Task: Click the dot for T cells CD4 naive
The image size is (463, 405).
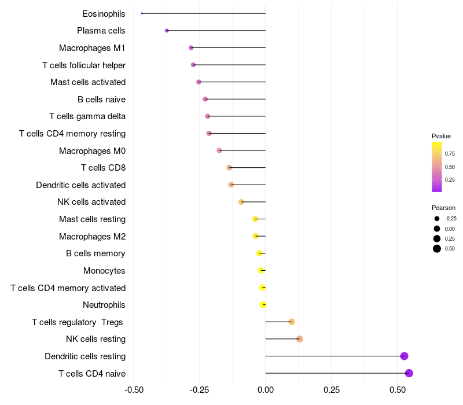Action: point(409,373)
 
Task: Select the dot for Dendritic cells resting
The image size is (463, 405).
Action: point(404,356)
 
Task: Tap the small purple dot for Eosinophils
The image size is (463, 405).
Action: point(142,13)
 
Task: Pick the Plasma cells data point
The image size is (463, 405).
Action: point(167,31)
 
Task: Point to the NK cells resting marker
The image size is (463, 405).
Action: point(299,339)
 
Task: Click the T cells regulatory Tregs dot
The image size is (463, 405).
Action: point(292,322)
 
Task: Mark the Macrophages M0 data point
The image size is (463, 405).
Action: point(219,150)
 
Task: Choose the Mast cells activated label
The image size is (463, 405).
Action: point(88,82)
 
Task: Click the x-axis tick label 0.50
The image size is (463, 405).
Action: point(397,391)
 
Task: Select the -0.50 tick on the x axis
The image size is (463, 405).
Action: point(134,391)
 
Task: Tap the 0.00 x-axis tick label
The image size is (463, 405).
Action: point(266,391)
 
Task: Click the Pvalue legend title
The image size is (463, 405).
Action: point(441,136)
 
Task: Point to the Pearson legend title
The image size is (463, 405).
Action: point(443,208)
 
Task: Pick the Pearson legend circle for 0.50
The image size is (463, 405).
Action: point(437,249)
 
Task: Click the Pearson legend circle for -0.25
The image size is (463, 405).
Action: point(437,219)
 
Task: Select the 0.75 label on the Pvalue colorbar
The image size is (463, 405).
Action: point(450,154)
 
